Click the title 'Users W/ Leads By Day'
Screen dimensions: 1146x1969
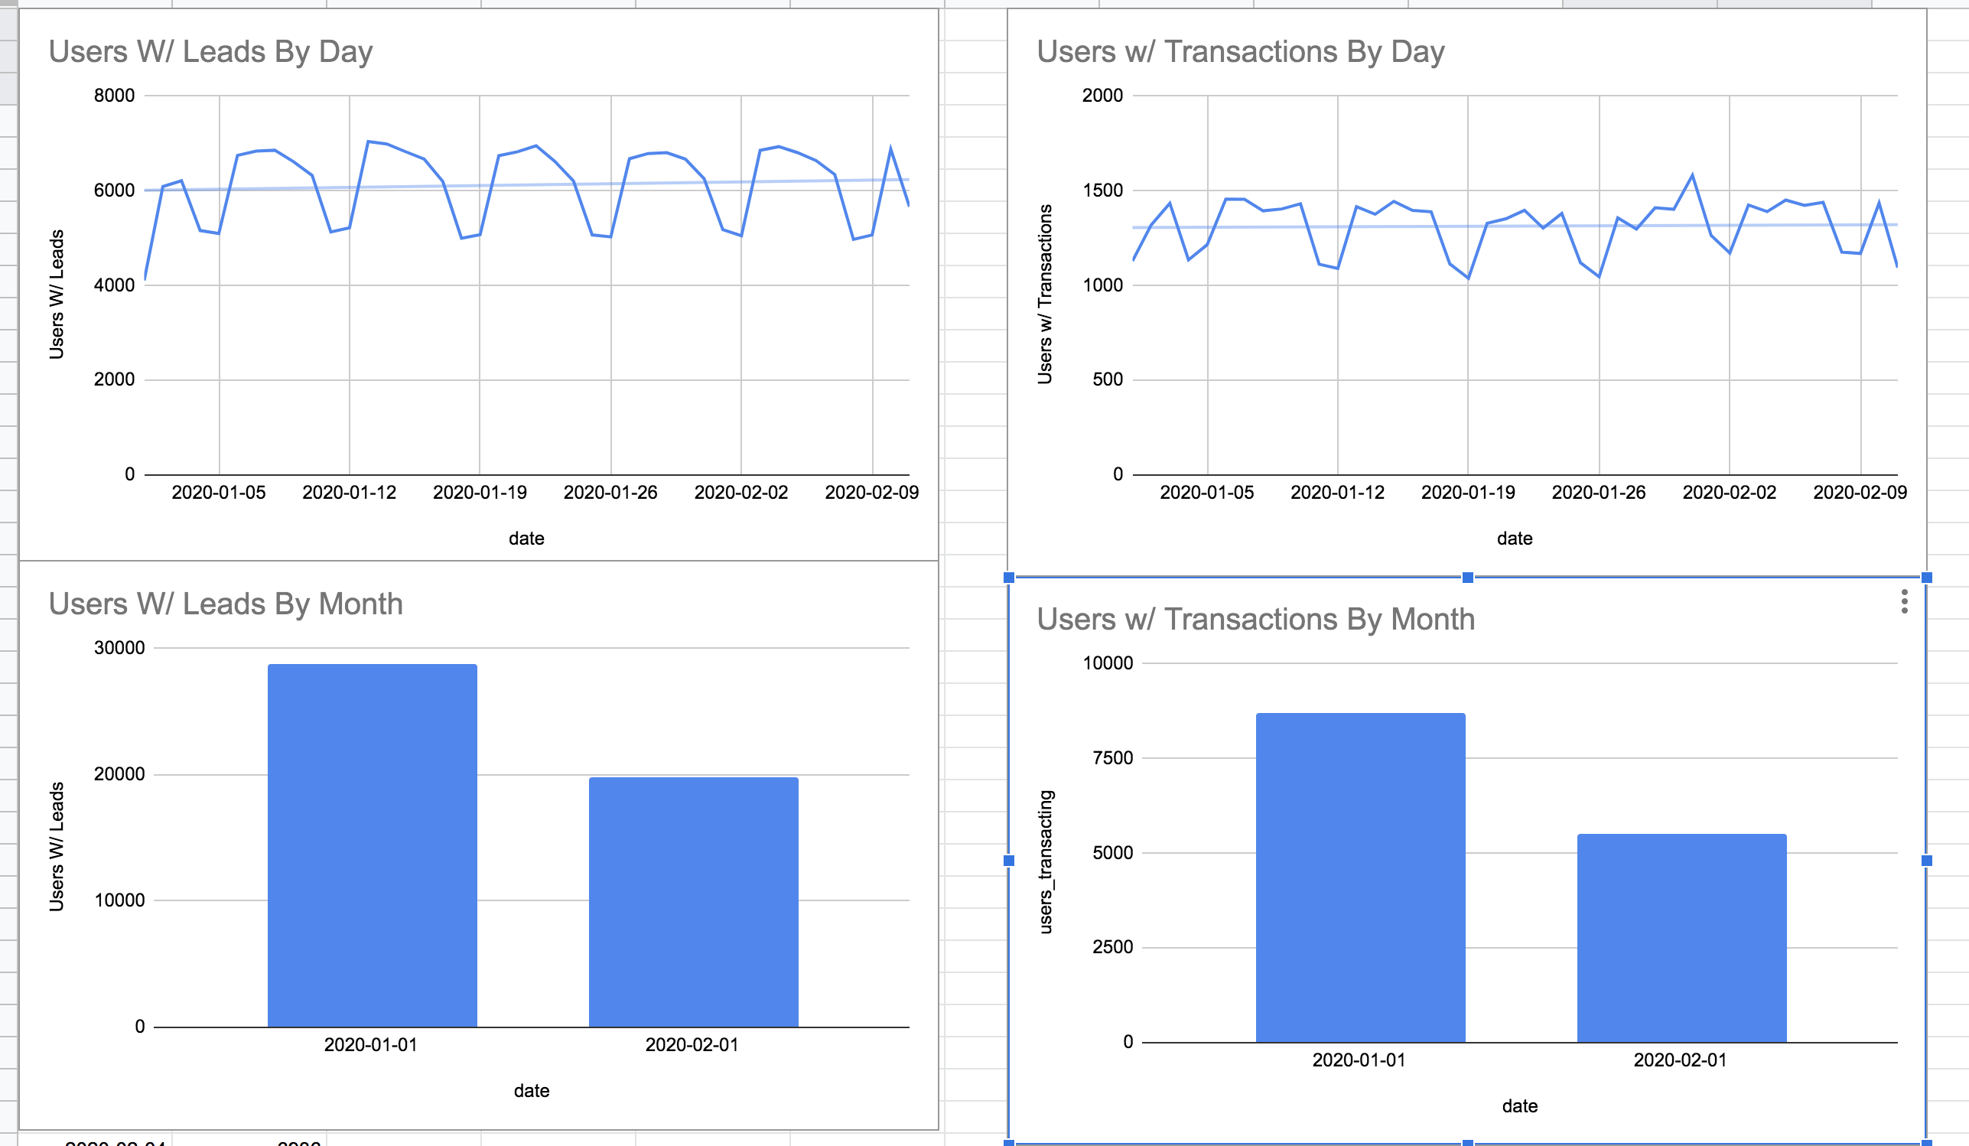point(210,51)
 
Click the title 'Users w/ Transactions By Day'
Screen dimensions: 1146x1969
point(1240,51)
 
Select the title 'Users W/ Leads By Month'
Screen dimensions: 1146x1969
point(225,604)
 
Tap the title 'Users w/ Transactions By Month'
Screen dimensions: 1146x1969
point(1255,620)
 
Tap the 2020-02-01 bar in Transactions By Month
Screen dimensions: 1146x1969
point(1681,937)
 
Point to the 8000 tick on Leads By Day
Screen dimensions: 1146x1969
point(114,96)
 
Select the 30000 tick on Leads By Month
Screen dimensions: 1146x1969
point(119,648)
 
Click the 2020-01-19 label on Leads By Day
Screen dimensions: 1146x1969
point(480,493)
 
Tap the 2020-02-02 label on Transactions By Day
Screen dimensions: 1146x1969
point(1729,493)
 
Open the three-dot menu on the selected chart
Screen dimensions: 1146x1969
point(1904,601)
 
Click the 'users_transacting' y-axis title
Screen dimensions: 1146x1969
point(1046,861)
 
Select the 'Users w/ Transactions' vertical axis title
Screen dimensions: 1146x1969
point(1045,294)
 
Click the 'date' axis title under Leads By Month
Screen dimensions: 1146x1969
point(532,1090)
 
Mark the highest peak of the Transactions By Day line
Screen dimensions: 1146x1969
point(1692,176)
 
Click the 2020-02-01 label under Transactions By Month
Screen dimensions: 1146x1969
point(1680,1060)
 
